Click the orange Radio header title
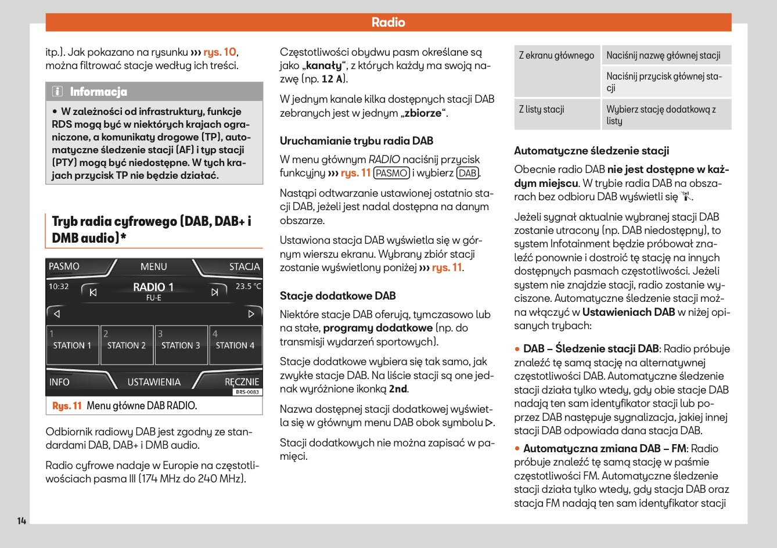point(388,23)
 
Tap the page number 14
point(21,521)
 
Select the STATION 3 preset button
point(181,345)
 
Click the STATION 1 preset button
point(72,345)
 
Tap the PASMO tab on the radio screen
point(64,266)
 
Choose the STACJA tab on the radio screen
point(244,266)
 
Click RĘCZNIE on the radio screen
point(242,381)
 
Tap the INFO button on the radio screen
point(59,382)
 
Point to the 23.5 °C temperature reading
point(248,286)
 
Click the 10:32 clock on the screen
point(59,286)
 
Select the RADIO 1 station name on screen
point(153,287)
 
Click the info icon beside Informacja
point(57,92)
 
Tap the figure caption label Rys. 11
point(67,406)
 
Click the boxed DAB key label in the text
point(467,173)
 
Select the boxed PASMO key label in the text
point(391,173)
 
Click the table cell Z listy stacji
point(541,109)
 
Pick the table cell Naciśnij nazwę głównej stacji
point(663,56)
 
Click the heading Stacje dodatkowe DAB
point(337,296)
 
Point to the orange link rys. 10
point(220,52)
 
